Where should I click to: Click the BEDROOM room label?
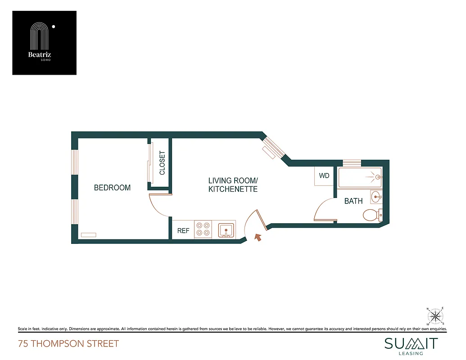point(112,188)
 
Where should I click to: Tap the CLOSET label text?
point(162,163)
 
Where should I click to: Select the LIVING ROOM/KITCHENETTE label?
point(233,185)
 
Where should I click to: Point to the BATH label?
point(353,201)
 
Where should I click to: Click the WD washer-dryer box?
point(324,176)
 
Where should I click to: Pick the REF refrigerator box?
point(183,230)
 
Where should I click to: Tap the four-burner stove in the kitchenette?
point(203,229)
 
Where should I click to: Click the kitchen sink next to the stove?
point(226,229)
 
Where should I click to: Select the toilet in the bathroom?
point(372,215)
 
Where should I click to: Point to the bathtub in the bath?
point(360,178)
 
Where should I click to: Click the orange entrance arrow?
point(258,237)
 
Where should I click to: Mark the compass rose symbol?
point(435,315)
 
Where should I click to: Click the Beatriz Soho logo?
point(44,43)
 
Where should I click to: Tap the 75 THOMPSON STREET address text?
point(68,344)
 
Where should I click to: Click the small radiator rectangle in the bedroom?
point(88,234)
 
